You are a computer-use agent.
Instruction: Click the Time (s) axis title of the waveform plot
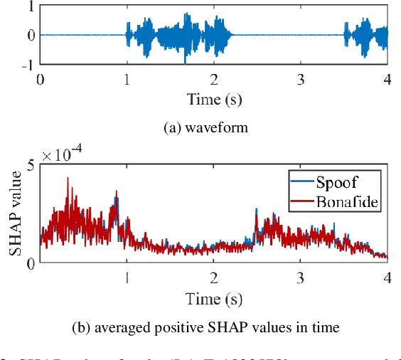[x=214, y=98]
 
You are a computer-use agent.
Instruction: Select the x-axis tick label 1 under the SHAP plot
[x=127, y=276]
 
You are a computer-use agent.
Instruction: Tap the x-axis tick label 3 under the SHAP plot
[x=301, y=276]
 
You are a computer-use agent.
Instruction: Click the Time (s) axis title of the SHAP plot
[x=214, y=297]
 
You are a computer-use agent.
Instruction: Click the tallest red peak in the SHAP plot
[x=68, y=179]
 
